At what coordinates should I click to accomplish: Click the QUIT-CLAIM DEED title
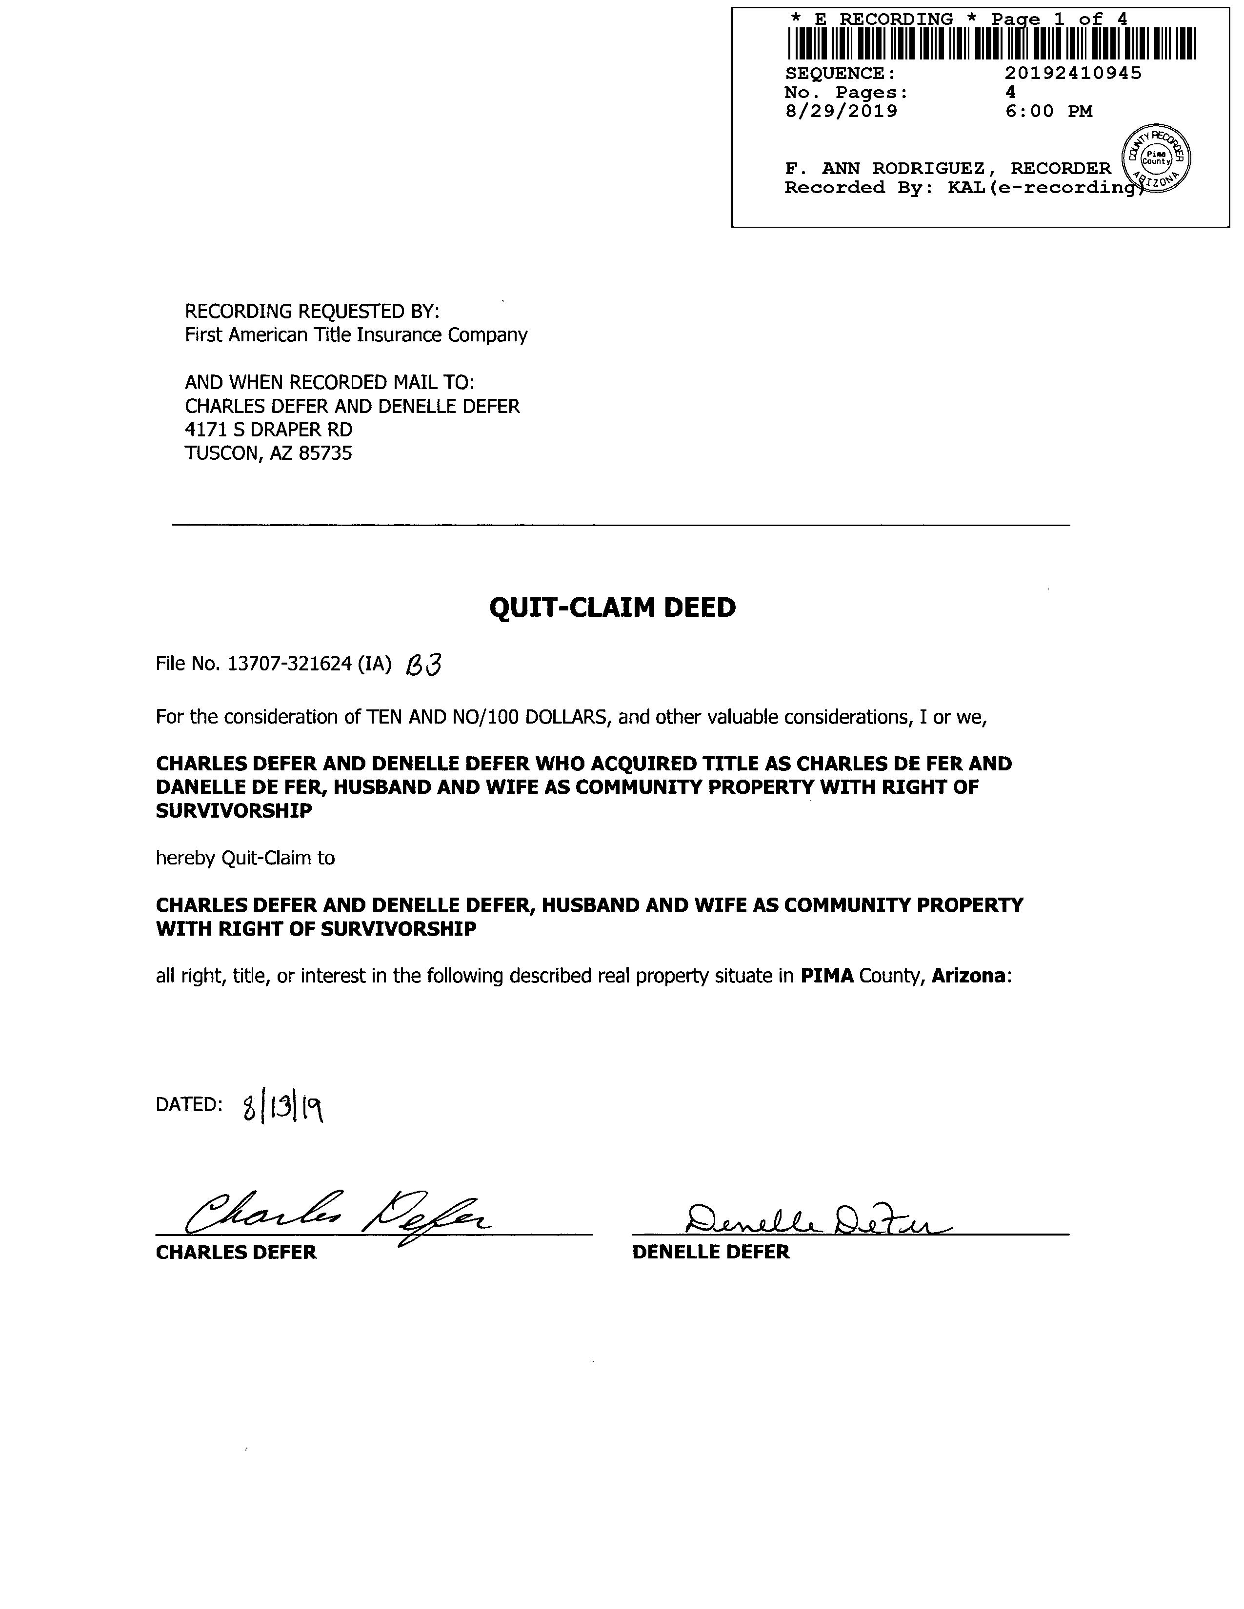(612, 608)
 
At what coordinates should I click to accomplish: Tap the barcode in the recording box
(991, 43)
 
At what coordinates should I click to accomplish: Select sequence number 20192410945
(1073, 73)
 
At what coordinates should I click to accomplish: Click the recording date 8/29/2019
(841, 111)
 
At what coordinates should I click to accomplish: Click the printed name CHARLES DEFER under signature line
(236, 1253)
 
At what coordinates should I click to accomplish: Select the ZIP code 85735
(325, 453)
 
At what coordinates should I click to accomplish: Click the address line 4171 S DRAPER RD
(268, 430)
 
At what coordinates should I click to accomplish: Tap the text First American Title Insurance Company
(356, 335)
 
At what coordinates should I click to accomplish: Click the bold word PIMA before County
(827, 976)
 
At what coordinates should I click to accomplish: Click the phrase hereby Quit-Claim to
(245, 858)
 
